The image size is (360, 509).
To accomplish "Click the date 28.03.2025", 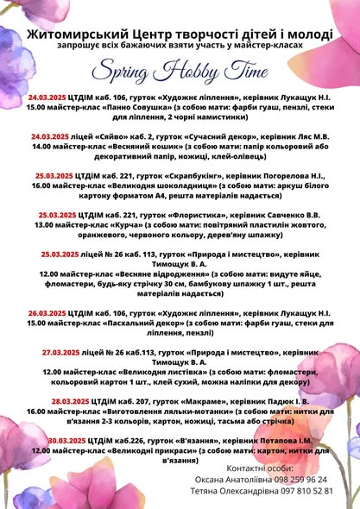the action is (x=73, y=401).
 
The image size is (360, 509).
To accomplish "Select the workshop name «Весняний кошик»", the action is (x=122, y=147).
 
